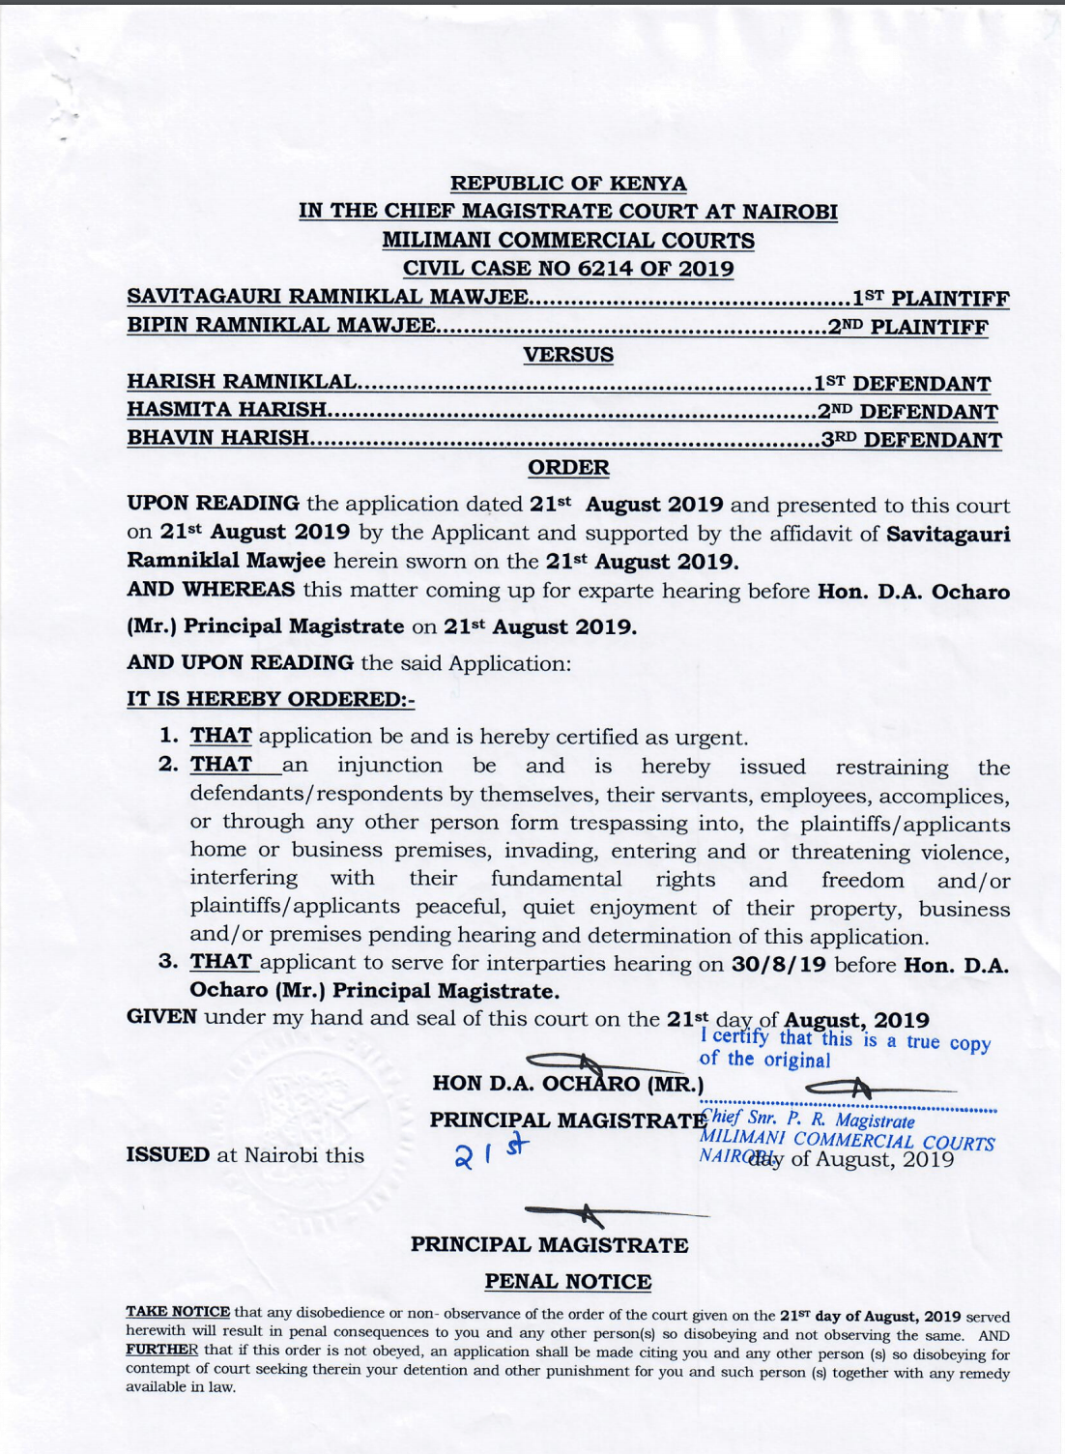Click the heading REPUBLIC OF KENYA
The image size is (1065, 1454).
pos(568,184)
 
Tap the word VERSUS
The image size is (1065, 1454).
pos(568,355)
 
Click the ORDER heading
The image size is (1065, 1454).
pos(568,468)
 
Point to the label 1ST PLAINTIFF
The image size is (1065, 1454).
pos(930,299)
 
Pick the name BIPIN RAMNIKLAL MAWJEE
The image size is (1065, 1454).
pos(281,326)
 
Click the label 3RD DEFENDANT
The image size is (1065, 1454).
pos(911,440)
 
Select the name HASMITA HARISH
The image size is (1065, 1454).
pos(227,411)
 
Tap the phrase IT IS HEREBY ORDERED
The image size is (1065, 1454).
pos(270,699)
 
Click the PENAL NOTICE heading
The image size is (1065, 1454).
pos(568,1282)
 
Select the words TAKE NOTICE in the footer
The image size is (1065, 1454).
pos(178,1312)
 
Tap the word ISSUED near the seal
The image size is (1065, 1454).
pos(167,1155)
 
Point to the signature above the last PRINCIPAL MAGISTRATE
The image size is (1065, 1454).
pos(580,1213)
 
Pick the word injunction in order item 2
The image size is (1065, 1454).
pos(389,766)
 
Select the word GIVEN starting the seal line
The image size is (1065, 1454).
pos(161,1018)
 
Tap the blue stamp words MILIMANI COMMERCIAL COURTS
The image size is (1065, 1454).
pos(847,1141)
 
